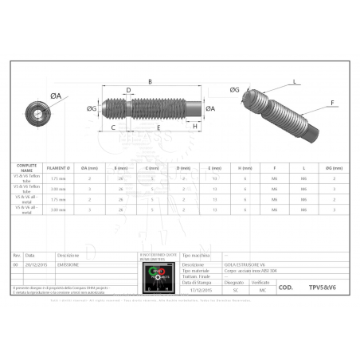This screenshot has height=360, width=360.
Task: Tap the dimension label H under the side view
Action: point(196,127)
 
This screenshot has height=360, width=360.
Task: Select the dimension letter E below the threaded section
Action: point(158,127)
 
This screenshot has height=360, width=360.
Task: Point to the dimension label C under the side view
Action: point(112,127)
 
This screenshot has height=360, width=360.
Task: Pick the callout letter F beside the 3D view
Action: point(332,102)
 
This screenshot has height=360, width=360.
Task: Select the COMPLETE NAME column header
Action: point(27,168)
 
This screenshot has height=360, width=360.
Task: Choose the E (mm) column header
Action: point(214,168)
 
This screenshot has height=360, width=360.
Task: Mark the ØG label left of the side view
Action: point(92,108)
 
